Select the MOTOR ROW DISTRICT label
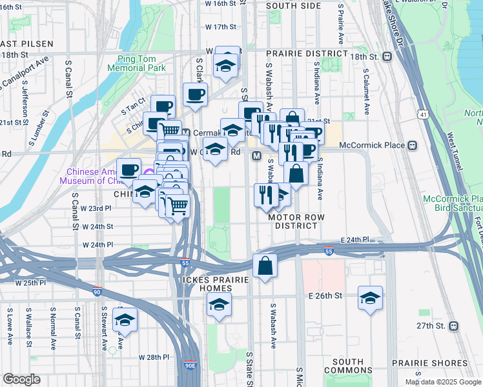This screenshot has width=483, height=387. coord(296,221)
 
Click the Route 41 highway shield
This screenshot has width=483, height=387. coord(423,114)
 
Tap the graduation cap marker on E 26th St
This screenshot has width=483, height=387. coord(370,298)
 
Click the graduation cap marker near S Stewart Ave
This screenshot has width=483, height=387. coord(125,319)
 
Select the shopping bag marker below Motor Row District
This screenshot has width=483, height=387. coord(265,265)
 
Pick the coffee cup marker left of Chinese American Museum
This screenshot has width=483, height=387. coord(129,170)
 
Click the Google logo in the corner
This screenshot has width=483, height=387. coord(22,379)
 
